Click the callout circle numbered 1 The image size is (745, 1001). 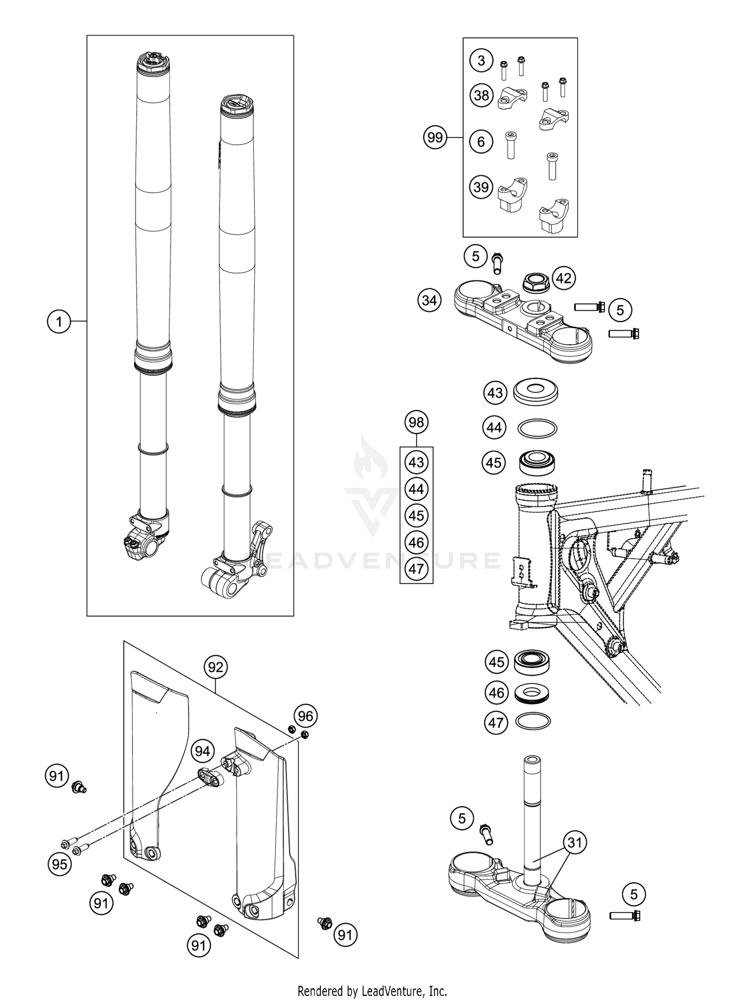[59, 322]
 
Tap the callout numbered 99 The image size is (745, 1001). [435, 138]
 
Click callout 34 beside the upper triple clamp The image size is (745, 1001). [429, 301]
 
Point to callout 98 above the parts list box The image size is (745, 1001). [416, 423]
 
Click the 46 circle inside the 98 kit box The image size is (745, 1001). [416, 542]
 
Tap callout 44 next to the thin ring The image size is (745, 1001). [494, 428]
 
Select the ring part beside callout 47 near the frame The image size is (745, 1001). [533, 721]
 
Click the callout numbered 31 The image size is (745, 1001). [575, 843]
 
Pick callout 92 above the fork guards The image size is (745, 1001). [216, 667]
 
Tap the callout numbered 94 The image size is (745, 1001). [202, 752]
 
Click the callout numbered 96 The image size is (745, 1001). [306, 716]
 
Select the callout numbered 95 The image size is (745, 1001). [60, 864]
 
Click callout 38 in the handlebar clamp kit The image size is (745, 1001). [481, 95]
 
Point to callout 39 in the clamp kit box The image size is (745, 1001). [481, 188]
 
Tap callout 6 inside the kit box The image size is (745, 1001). [481, 142]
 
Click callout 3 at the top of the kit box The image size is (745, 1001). [481, 61]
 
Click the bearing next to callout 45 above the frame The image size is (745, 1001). [536, 462]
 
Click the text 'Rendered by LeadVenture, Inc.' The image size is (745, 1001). [372, 991]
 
